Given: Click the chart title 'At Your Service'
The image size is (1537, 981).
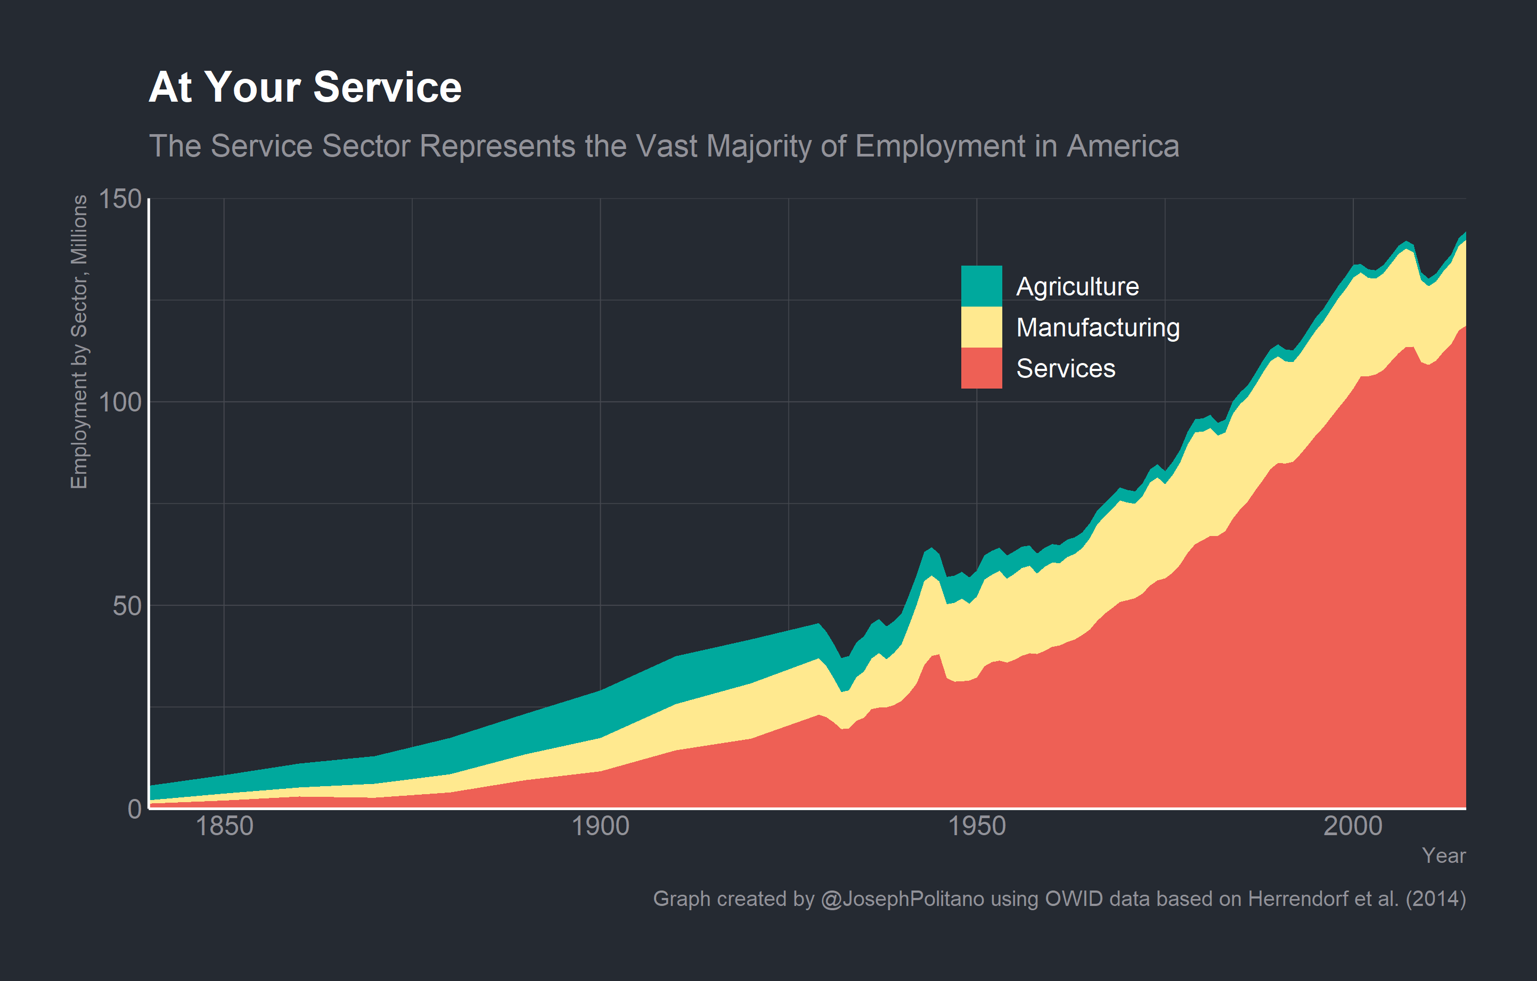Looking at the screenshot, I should click(305, 87).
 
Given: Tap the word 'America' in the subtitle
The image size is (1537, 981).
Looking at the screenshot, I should click(1123, 147).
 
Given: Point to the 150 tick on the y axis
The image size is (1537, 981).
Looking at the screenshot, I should click(120, 199).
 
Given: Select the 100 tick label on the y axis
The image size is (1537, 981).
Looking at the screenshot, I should click(120, 402).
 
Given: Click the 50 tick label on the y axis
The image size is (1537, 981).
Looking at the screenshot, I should click(126, 606).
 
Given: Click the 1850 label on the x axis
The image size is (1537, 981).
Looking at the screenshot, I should click(224, 827).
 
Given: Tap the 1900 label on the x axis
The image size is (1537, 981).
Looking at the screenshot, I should click(600, 827).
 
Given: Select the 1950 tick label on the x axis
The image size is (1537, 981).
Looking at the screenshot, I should click(977, 827).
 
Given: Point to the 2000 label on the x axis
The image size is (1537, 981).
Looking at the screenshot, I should click(1353, 827).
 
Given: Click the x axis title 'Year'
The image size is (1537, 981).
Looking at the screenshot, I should click(1443, 856).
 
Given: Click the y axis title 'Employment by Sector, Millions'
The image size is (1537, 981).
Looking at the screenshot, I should click(79, 342).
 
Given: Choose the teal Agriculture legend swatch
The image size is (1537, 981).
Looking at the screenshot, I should click(981, 286).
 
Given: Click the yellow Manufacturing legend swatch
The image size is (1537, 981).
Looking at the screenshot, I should click(981, 327).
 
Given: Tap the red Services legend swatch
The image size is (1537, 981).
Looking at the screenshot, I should click(981, 368).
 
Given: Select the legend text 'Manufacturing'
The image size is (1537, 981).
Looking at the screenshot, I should click(1097, 328).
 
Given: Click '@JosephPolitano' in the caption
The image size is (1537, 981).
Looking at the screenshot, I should click(902, 898).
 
